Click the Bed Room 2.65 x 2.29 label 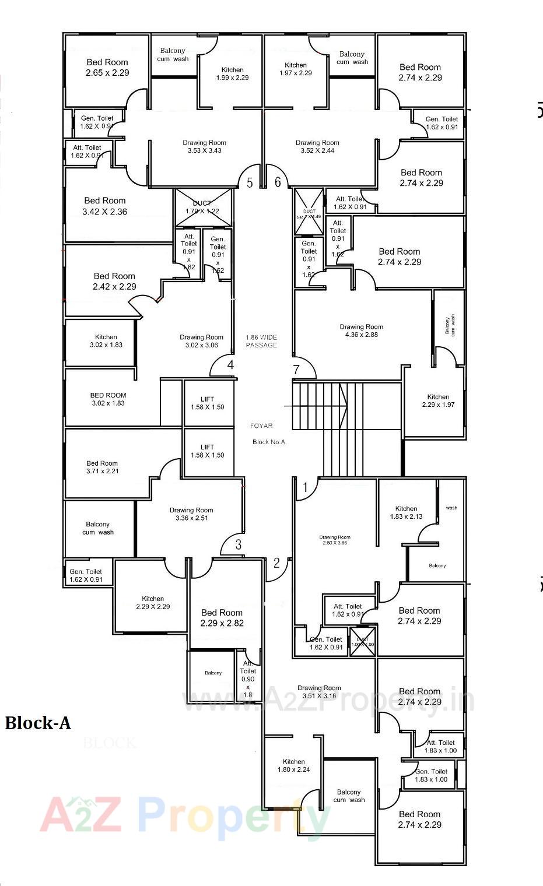[107, 68]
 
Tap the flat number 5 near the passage [250, 183]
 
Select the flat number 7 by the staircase [296, 370]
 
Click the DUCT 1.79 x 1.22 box [203, 207]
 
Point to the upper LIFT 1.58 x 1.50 [208, 403]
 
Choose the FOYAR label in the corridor [262, 426]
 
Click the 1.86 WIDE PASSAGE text [261, 341]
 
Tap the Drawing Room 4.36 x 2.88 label [362, 331]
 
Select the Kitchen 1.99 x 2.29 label [232, 73]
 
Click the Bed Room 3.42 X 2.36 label [105, 206]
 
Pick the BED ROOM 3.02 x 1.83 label [108, 399]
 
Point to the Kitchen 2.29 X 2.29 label [153, 602]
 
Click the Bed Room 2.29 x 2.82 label [222, 618]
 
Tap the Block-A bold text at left [38, 723]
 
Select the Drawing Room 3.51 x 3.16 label [318, 692]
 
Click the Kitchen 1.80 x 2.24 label [293, 765]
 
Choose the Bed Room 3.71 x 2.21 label [102, 467]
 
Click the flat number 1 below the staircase [304, 486]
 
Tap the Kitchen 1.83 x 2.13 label [406, 512]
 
